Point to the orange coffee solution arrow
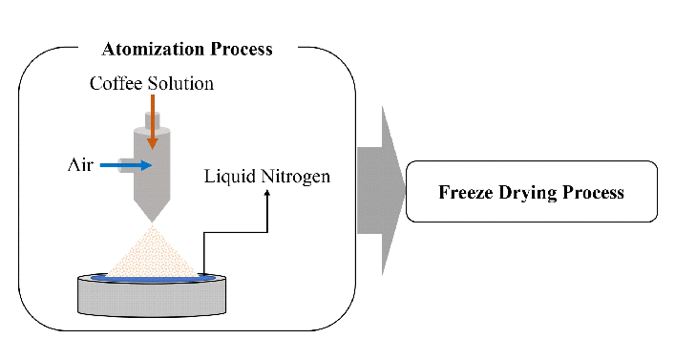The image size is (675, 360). click(x=151, y=119)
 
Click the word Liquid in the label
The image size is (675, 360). click(x=230, y=177)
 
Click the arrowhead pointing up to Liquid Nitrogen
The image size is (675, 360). click(x=267, y=193)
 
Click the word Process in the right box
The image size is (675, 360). click(x=593, y=192)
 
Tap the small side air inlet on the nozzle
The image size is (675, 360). click(x=124, y=165)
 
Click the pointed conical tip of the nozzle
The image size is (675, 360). click(x=152, y=212)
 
